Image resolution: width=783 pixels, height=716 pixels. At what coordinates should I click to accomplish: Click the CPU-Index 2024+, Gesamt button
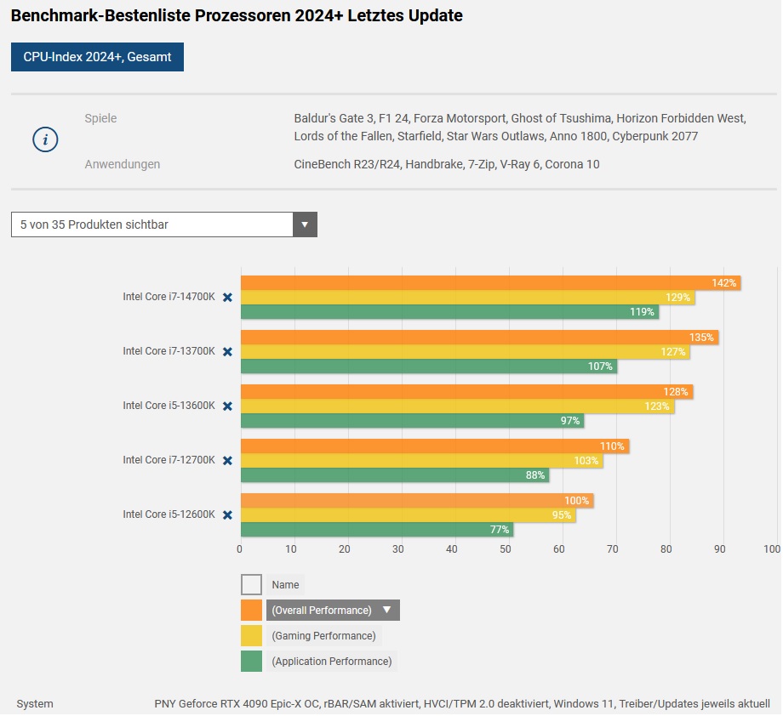[97, 57]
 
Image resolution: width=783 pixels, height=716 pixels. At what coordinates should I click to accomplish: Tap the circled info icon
[45, 140]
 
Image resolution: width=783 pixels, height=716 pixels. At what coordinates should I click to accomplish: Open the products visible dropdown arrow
[305, 225]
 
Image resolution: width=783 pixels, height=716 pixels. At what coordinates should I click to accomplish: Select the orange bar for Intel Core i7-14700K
[490, 283]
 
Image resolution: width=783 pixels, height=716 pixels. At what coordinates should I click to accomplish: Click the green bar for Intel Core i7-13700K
[428, 367]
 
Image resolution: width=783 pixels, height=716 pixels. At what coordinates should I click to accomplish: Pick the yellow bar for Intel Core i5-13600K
[457, 406]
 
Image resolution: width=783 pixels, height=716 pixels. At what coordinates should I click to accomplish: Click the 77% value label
[500, 530]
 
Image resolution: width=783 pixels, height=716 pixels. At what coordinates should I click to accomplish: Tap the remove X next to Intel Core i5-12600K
[227, 514]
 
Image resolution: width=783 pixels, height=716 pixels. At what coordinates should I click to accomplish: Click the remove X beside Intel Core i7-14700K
[227, 297]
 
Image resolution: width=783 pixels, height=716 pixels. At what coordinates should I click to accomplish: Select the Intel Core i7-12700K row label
[169, 460]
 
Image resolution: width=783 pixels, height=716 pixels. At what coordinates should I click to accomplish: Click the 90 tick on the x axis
[719, 549]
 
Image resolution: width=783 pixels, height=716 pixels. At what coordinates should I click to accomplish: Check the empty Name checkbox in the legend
[251, 585]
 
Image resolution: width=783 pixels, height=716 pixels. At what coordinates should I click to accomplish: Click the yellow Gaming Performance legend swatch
[251, 636]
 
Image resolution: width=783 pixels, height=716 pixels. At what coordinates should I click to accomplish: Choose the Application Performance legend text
[331, 662]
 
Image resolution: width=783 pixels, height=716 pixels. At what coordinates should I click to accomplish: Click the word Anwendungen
[122, 164]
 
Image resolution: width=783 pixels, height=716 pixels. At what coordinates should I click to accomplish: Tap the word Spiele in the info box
[100, 118]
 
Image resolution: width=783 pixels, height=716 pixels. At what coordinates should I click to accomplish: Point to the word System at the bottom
[35, 704]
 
